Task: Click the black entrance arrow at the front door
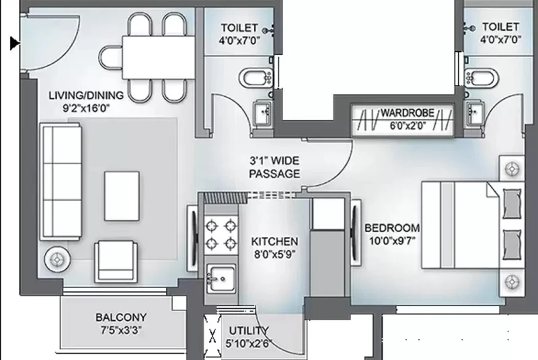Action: tap(15, 43)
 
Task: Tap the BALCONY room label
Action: tap(121, 317)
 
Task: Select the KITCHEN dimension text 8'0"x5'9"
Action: tap(275, 254)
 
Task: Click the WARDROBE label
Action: tap(408, 113)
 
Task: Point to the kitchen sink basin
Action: tap(221, 278)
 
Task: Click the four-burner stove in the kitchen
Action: tap(221, 235)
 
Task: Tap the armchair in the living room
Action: tap(116, 262)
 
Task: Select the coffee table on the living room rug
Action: tap(122, 196)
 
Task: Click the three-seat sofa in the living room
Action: tap(61, 182)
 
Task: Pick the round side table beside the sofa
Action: tap(57, 260)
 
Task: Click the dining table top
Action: tap(159, 57)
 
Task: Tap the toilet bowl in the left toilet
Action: tap(256, 77)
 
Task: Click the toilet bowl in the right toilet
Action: tap(482, 77)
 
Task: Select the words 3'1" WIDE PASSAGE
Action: tap(274, 167)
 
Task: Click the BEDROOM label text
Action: tap(392, 228)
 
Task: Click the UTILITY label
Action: tap(249, 331)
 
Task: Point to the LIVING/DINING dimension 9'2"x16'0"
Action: tap(86, 108)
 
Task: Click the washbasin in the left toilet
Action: tap(263, 112)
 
